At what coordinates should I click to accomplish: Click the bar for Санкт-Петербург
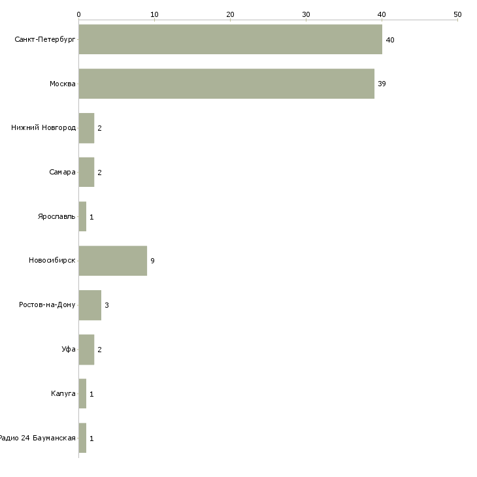[230, 39]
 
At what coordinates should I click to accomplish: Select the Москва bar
[226, 84]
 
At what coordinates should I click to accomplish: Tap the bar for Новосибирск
[112, 261]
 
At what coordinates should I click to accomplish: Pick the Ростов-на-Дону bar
[90, 305]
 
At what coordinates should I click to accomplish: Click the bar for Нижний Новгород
[86, 128]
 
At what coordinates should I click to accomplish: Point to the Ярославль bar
[82, 216]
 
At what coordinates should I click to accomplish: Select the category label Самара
[62, 173]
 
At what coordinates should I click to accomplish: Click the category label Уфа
[69, 350]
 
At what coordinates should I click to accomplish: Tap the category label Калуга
[63, 394]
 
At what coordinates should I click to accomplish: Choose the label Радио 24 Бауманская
[38, 438]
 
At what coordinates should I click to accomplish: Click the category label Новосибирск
[52, 261]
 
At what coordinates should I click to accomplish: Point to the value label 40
[390, 40]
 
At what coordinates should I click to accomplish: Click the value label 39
[382, 84]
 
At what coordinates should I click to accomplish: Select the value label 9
[152, 261]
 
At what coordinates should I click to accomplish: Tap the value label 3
[107, 305]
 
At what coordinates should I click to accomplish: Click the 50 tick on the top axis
[457, 14]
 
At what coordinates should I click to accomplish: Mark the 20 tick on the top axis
[230, 14]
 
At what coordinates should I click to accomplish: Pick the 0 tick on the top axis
[78, 14]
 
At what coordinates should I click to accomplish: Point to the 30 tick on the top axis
[306, 14]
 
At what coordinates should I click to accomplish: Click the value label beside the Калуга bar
[91, 394]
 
